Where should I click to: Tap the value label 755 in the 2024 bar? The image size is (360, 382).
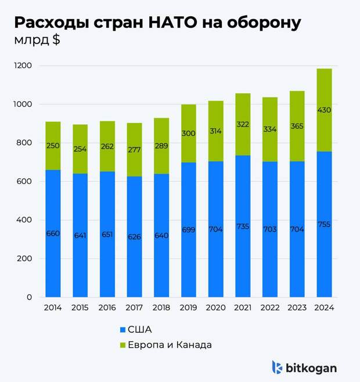coord(324,224)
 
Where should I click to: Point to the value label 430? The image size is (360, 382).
coord(324,110)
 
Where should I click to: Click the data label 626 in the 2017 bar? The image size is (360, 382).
coord(134,236)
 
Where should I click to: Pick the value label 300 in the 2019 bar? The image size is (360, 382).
coord(188,134)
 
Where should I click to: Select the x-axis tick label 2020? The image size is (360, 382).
coord(215,307)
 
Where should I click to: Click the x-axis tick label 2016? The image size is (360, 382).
coord(107,307)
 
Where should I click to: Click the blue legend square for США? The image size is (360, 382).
coord(122,330)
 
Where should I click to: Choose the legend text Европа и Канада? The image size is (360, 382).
coord(170,345)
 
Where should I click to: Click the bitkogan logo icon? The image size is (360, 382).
coord(278,367)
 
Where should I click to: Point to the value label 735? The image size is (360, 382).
coord(243,226)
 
